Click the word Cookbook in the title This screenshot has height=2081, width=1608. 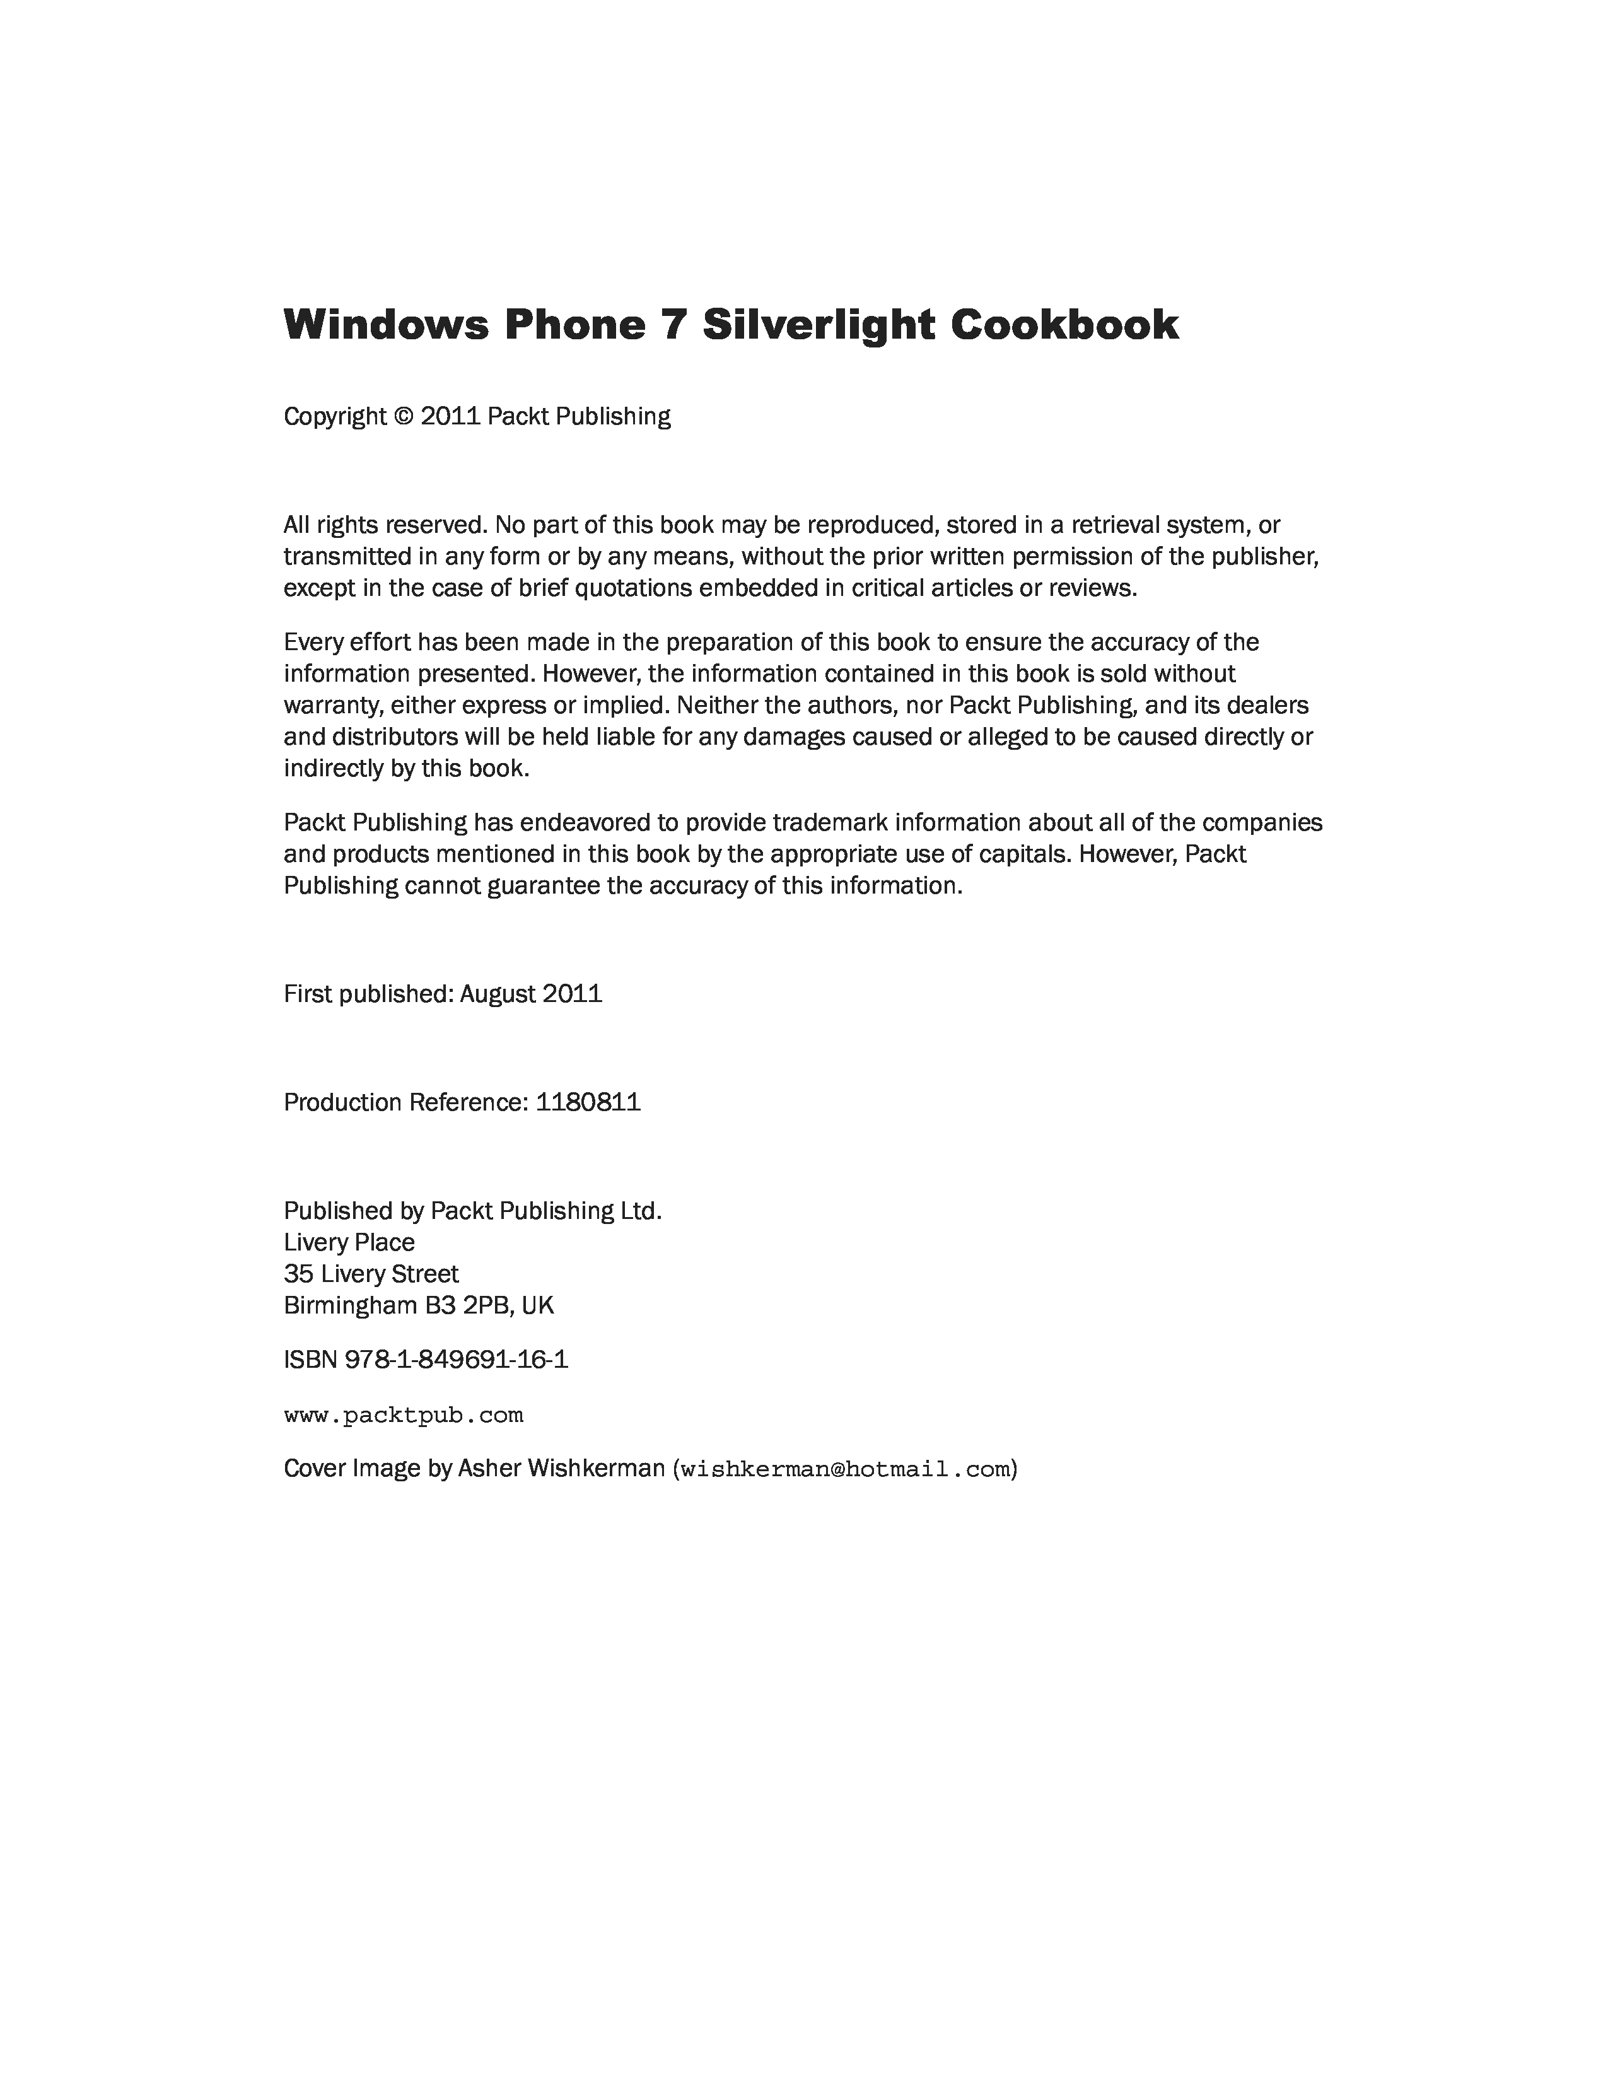(1063, 324)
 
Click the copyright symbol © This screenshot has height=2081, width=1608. (404, 416)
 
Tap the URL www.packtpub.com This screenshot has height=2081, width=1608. (403, 1415)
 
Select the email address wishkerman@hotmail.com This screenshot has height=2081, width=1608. (845, 1469)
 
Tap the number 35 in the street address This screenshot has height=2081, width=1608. (299, 1274)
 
